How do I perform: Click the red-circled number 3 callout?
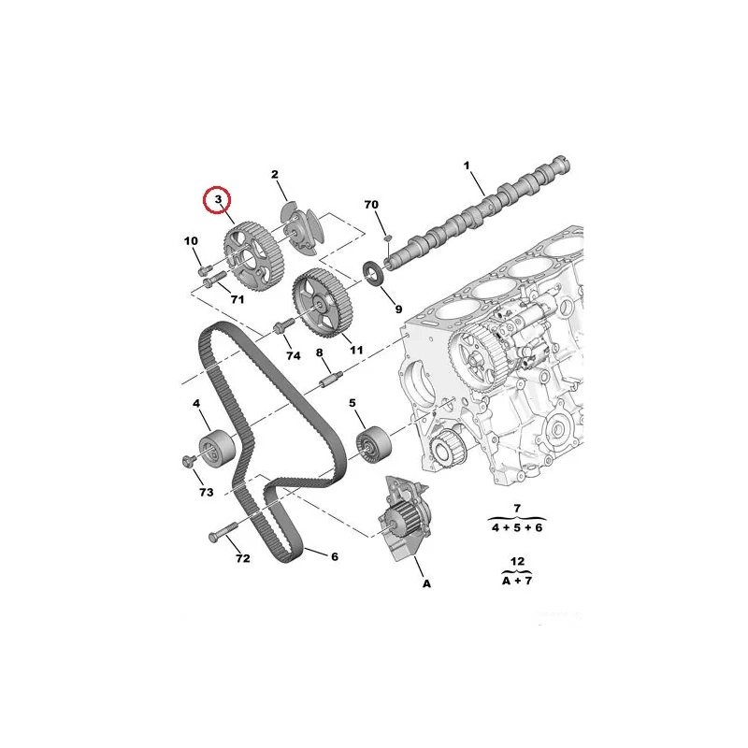217,200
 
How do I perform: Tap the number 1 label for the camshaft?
467,165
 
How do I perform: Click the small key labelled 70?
388,237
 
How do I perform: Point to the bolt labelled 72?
223,532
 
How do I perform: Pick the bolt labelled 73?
189,460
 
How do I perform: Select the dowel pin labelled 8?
330,380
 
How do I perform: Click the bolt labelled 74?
280,327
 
